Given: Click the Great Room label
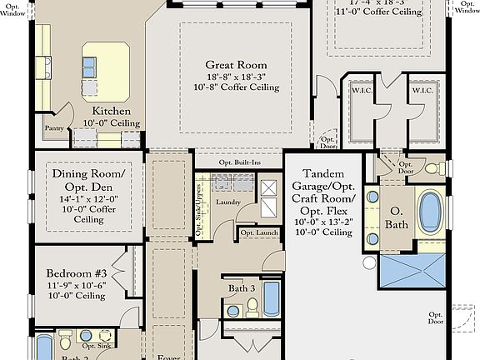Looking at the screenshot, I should tap(237, 64).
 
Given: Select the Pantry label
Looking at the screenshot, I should tap(54, 129).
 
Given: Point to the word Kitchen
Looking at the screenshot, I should tap(111, 111).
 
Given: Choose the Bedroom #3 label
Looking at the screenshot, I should tap(76, 274).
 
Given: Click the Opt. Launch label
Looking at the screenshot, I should tap(258, 232).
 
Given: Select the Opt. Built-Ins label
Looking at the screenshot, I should tap(238, 162).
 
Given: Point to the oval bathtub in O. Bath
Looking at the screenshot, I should tap(430, 212).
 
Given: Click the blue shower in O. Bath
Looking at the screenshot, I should tap(412, 272).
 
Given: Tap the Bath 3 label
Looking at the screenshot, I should tap(242, 288).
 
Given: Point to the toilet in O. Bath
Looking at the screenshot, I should tap(434, 169).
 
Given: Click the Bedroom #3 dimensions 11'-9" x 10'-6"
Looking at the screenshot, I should tap(76, 285).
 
